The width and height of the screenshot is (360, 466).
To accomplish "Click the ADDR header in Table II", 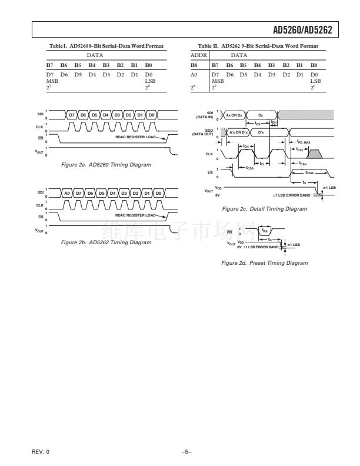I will pos(198,55).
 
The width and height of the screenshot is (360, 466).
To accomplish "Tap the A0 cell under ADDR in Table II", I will pos(195,75).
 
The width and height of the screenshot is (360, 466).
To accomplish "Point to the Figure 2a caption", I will pos(106,165).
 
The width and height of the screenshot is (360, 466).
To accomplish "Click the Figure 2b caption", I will pos(106,242).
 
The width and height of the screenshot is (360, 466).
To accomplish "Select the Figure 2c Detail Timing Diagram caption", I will pos(261,209).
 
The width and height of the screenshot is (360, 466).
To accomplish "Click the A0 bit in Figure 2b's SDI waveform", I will pos(67,193).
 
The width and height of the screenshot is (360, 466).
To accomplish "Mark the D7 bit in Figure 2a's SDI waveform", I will pos(72,114).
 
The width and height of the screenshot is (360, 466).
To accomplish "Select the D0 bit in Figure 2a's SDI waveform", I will pos(151,114).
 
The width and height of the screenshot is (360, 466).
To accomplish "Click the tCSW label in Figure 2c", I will pos(309,173).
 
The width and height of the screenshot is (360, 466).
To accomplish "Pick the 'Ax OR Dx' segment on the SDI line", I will pos(235,115).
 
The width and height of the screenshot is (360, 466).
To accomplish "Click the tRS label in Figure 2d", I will pos(265,231).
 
